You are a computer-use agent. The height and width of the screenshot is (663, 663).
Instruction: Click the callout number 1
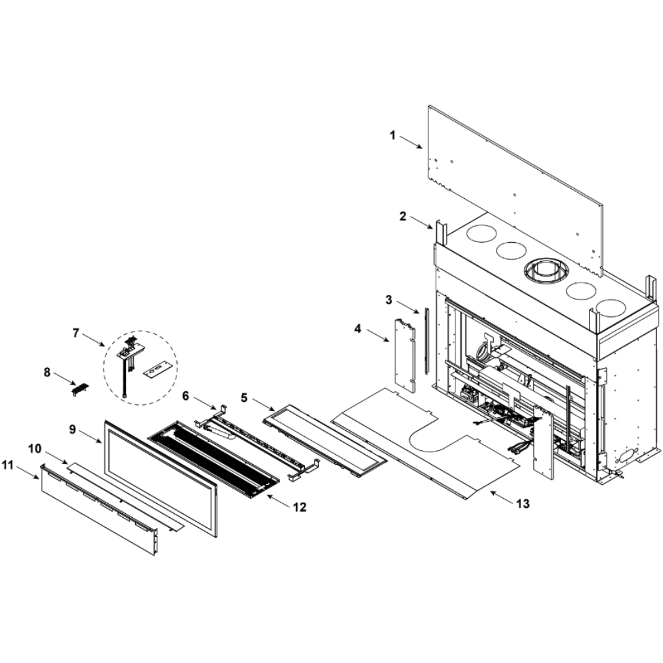click(x=392, y=136)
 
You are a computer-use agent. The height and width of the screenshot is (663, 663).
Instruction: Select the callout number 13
click(x=522, y=504)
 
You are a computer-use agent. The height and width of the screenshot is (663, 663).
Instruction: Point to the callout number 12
click(x=300, y=507)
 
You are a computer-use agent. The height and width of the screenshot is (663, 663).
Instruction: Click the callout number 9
click(x=72, y=429)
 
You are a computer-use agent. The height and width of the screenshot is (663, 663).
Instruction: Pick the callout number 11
click(x=7, y=465)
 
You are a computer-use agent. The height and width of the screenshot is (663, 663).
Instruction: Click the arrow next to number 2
click(x=421, y=222)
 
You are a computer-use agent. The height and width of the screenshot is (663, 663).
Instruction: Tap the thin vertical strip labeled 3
click(x=426, y=341)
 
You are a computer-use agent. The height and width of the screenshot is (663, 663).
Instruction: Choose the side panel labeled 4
click(x=405, y=355)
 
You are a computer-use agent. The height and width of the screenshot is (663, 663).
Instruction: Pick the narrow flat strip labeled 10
click(x=126, y=495)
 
